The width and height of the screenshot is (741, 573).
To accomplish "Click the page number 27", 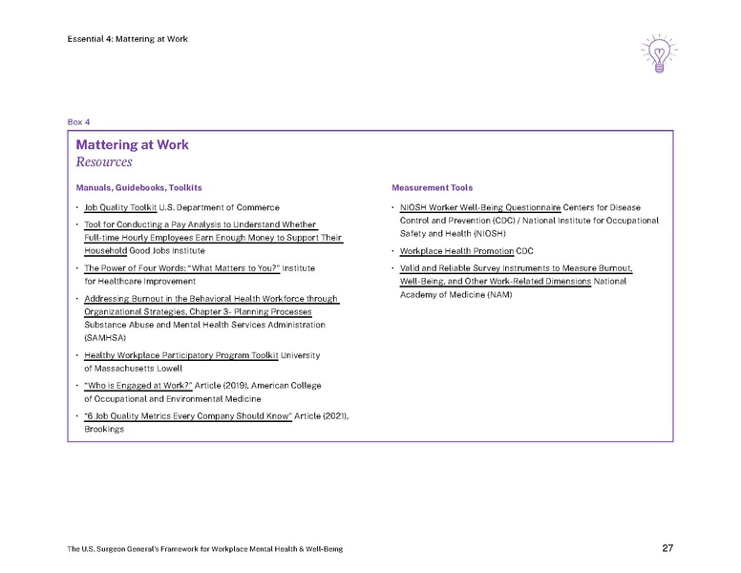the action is [668, 548].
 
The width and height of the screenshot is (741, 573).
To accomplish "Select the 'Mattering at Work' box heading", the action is [133, 145].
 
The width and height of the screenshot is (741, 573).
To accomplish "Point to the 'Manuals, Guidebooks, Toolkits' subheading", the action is [139, 187].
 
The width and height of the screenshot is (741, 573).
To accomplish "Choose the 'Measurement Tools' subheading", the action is [432, 187].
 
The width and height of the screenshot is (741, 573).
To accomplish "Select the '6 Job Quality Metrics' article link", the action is [187, 415].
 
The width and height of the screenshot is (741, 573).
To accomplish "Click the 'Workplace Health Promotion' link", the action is [456, 251].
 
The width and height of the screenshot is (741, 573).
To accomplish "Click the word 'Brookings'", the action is [104, 429].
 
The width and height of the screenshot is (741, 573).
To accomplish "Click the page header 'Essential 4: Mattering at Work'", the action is [128, 38].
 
